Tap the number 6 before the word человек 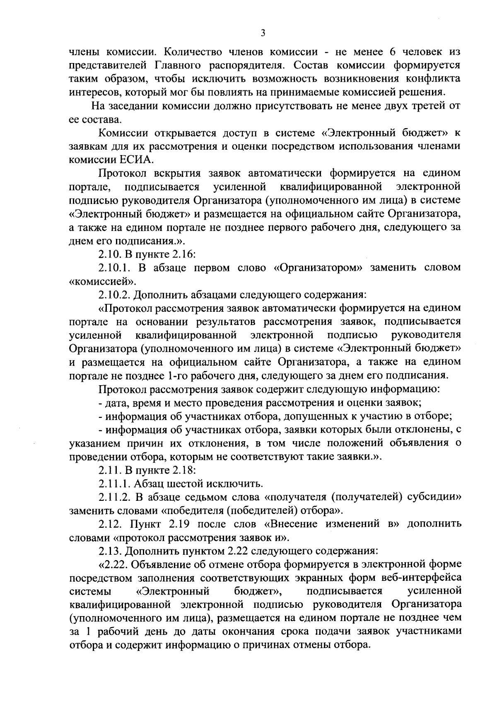[391, 52]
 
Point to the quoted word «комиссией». [102, 282]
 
